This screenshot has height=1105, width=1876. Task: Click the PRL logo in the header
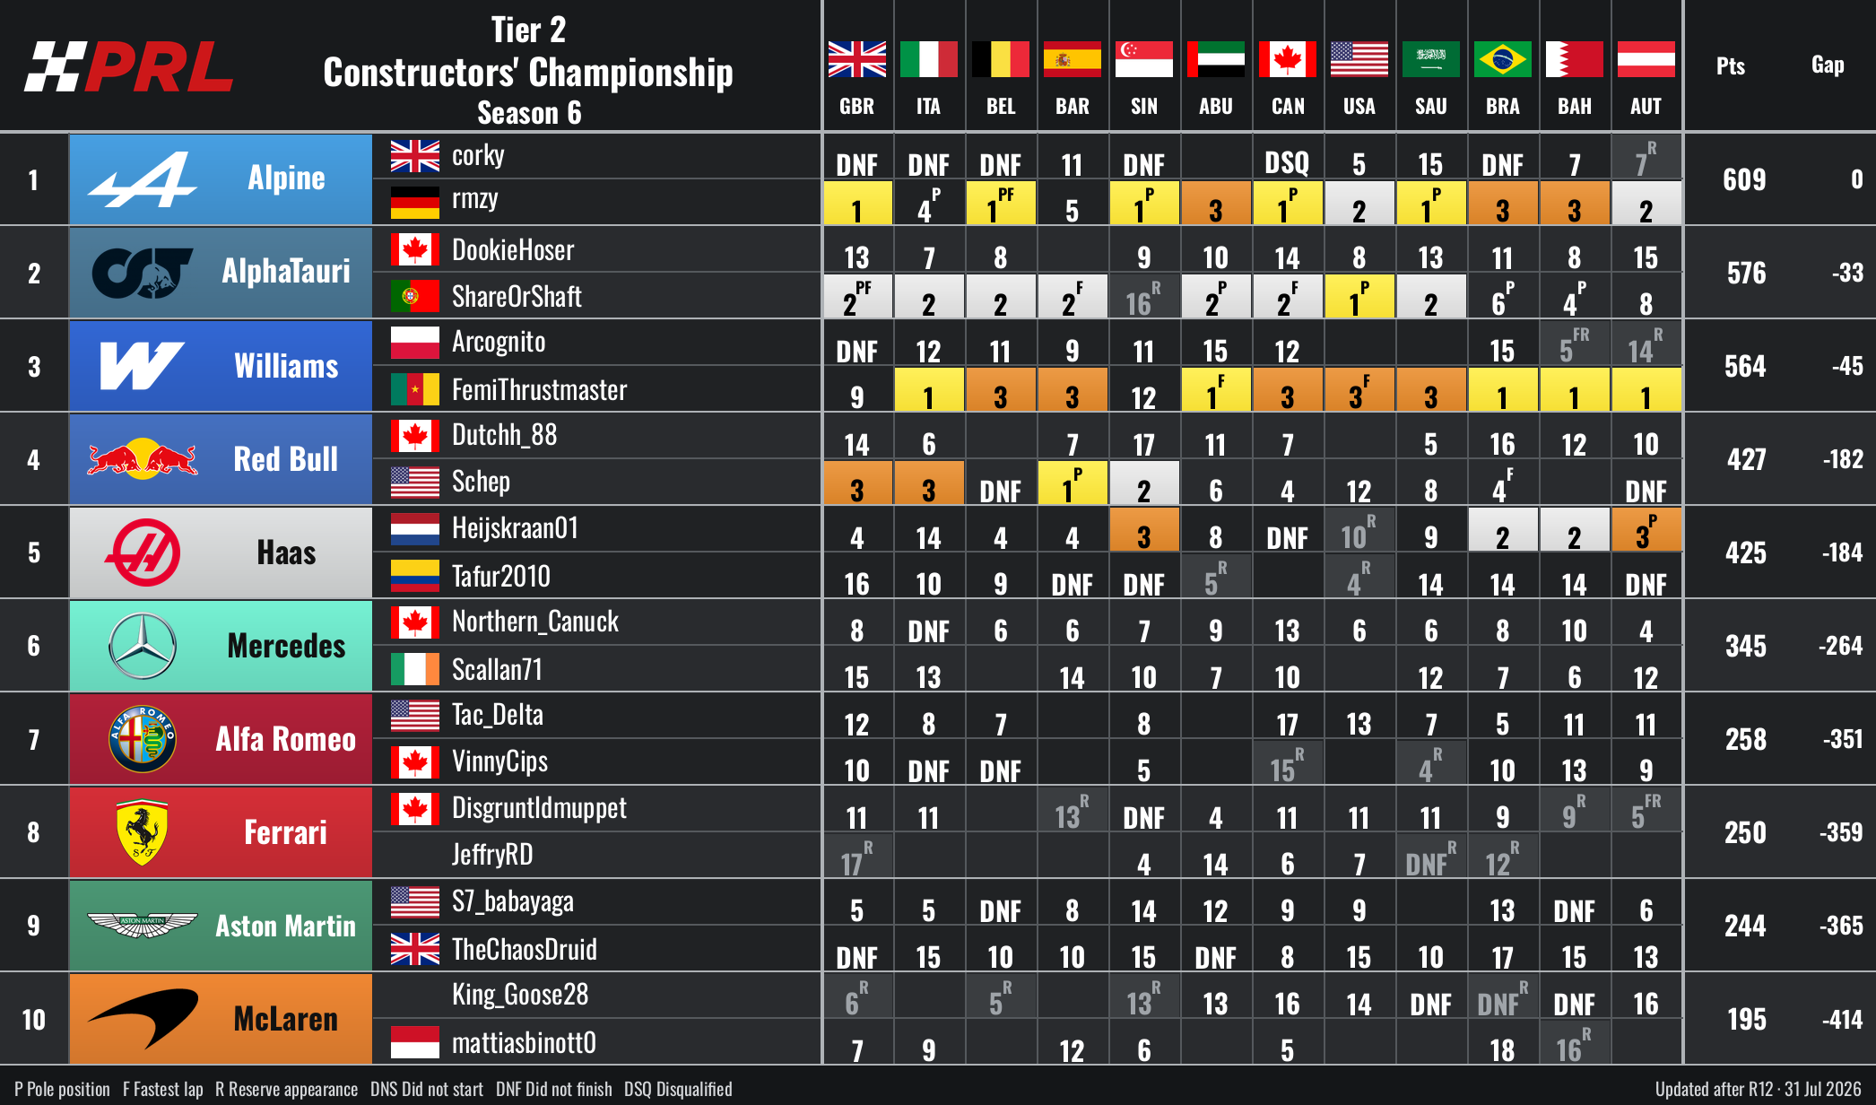pos(129,66)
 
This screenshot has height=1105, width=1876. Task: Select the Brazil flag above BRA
pos(1502,59)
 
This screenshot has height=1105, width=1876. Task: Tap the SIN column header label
pos(1143,106)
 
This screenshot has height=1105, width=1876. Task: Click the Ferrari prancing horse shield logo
pos(143,832)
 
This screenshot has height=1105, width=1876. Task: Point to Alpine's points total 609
pos(1744,179)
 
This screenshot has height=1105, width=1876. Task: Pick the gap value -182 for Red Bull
pos(1843,459)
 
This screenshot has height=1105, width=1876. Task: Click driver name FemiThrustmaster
pos(539,390)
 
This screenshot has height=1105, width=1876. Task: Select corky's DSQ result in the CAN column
pos(1287,163)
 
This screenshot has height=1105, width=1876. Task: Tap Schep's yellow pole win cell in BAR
pos(1073,483)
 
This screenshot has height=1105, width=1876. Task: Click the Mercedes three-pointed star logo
pos(143,646)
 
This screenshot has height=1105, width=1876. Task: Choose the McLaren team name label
pos(285,1019)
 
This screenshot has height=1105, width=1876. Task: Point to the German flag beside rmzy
pos(415,203)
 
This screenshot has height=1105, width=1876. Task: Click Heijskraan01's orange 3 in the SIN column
pos(1144,529)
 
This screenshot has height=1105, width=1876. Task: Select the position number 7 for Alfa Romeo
pos(33,739)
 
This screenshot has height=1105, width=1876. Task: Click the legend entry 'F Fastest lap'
pos(163,1089)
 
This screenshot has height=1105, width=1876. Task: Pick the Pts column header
pos(1731,65)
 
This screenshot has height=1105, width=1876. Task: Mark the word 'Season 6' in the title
pos(529,113)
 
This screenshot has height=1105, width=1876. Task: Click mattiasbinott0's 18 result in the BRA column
pos(1502,1049)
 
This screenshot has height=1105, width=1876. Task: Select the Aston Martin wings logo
pos(143,925)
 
